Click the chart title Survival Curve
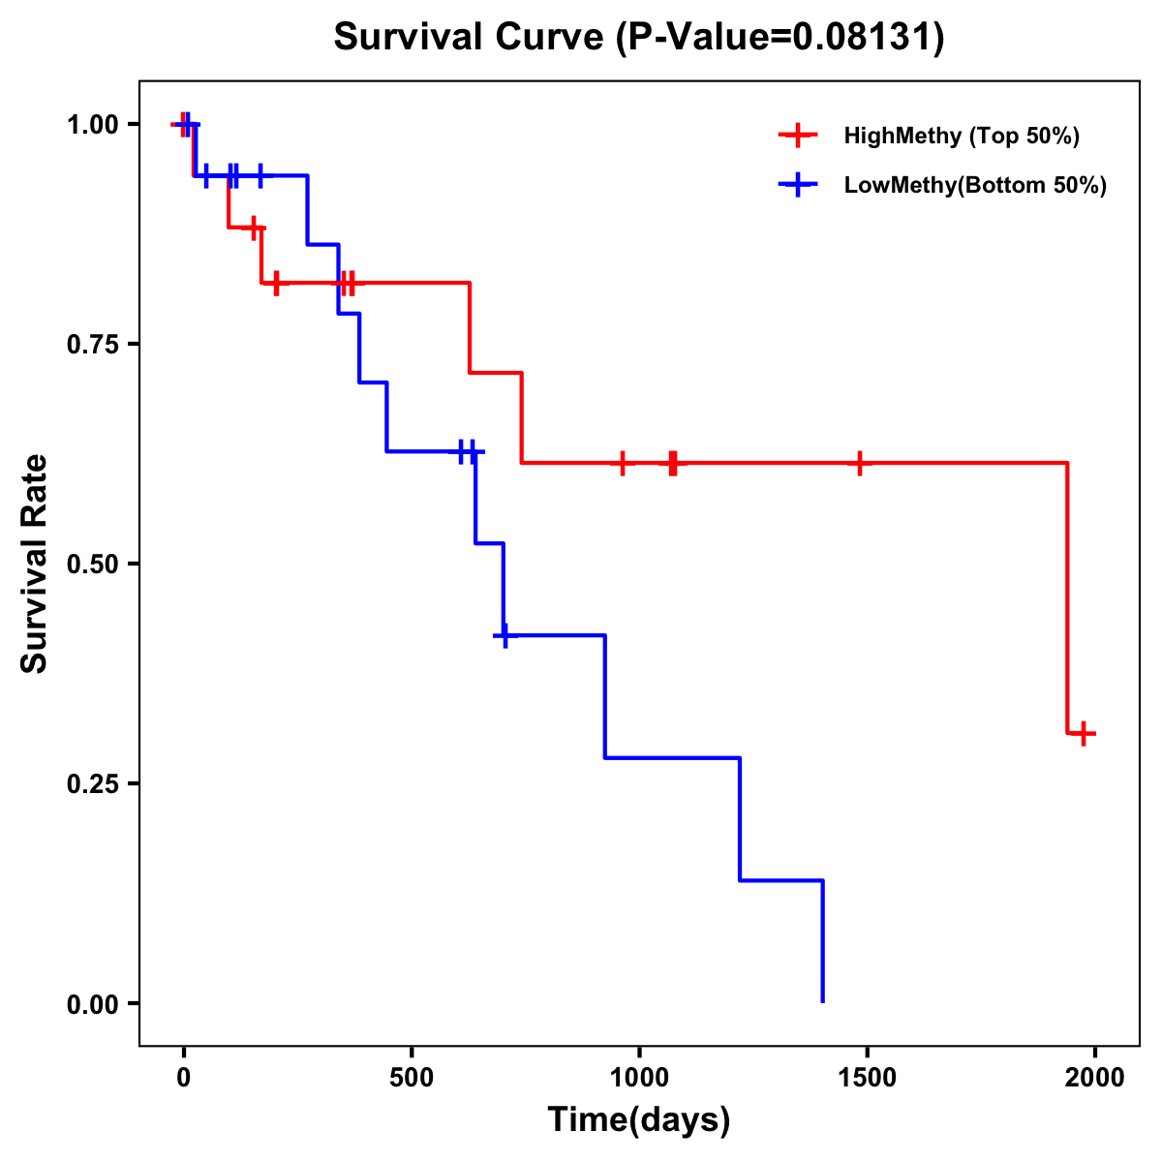coord(639,37)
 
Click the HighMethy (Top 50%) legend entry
coord(961,136)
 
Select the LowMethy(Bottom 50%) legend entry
coord(974,185)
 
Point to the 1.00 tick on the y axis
coord(92,124)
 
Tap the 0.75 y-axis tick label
coord(92,344)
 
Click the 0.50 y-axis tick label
coord(92,564)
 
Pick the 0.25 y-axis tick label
coord(92,783)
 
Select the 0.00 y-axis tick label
coord(92,1003)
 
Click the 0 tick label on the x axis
coord(184,1078)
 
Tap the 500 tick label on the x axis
coord(412,1078)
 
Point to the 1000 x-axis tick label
coord(639,1078)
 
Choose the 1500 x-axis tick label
coord(867,1078)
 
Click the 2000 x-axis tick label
coord(1095,1078)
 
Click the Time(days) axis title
coord(639,1120)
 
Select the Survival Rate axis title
coord(35,564)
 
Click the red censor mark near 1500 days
coord(859,464)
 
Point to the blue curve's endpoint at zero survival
coord(823,1001)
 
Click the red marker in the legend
coord(798,136)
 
